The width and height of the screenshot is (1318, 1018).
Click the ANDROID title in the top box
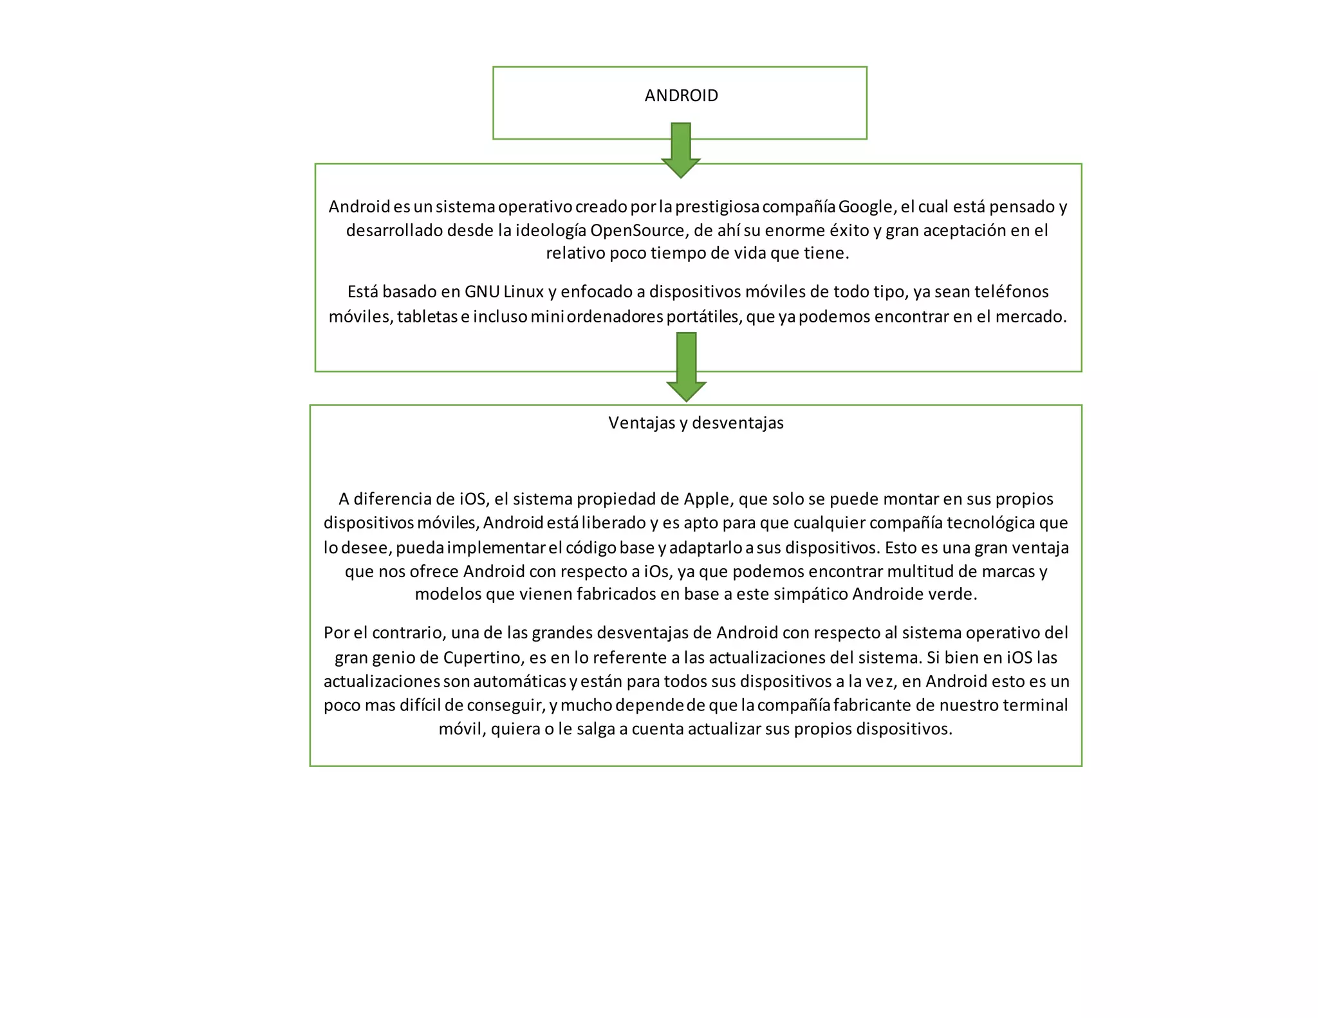click(681, 95)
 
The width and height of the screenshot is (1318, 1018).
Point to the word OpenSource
click(637, 230)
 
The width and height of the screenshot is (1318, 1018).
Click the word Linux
click(524, 292)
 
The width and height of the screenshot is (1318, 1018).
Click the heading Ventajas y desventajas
click(696, 423)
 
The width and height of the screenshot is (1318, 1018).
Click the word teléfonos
click(1012, 292)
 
